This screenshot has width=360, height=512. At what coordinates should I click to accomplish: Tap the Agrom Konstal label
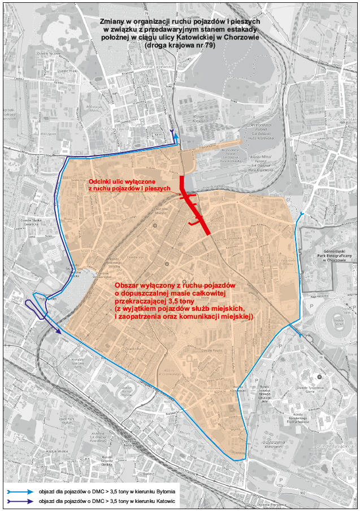(x=198, y=119)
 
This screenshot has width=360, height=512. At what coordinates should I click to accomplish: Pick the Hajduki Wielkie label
(x=57, y=451)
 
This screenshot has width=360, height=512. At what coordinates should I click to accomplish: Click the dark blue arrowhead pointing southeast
(x=59, y=332)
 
